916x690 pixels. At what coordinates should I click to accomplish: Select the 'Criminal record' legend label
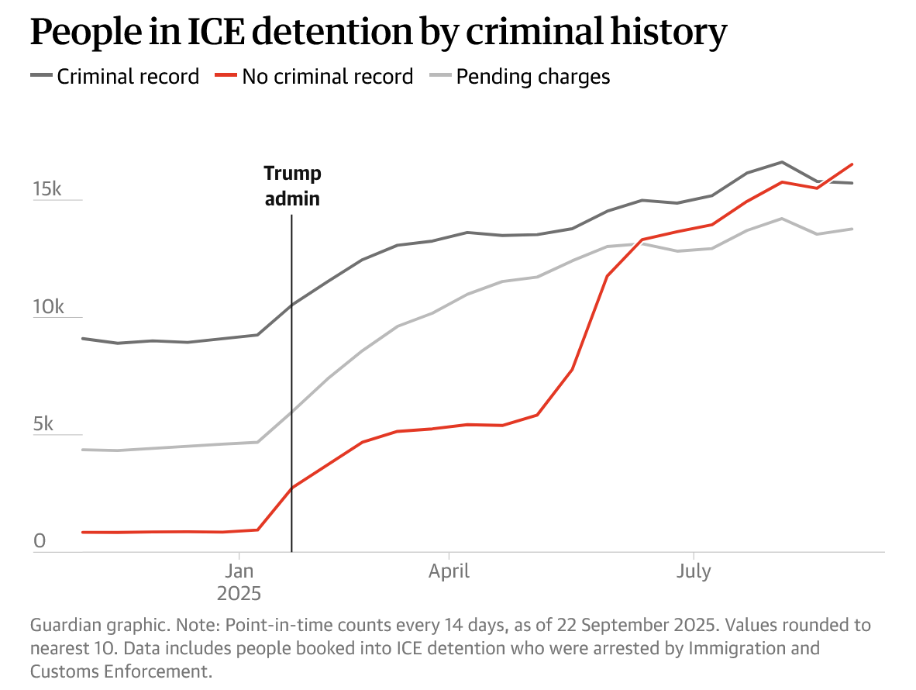pyautogui.click(x=128, y=77)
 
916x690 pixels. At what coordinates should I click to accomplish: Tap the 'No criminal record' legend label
pyautogui.click(x=327, y=77)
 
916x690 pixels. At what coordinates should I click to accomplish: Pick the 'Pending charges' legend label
pyautogui.click(x=533, y=77)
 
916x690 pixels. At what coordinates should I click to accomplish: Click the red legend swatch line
pyautogui.click(x=226, y=76)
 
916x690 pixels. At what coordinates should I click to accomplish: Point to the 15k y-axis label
pyautogui.click(x=47, y=189)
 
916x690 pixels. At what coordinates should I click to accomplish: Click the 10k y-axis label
pyautogui.click(x=47, y=307)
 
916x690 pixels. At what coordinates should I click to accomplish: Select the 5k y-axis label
pyautogui.click(x=43, y=424)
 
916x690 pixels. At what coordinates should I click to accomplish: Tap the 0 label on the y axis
pyautogui.click(x=40, y=541)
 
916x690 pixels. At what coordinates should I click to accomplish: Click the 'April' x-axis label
pyautogui.click(x=449, y=572)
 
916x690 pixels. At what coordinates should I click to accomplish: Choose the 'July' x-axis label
pyautogui.click(x=693, y=572)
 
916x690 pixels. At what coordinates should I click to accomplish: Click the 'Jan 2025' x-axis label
pyautogui.click(x=239, y=583)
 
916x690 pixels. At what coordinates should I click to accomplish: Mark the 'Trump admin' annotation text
pyautogui.click(x=292, y=186)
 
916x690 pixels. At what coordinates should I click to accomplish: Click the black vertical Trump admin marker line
pyautogui.click(x=291, y=388)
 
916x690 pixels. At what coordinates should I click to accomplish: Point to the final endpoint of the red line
pyautogui.click(x=852, y=164)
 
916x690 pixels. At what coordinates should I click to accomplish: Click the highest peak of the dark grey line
pyautogui.click(x=782, y=162)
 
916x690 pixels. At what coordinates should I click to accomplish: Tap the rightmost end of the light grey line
pyautogui.click(x=852, y=229)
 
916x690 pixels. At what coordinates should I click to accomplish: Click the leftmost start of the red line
pyautogui.click(x=82, y=532)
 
